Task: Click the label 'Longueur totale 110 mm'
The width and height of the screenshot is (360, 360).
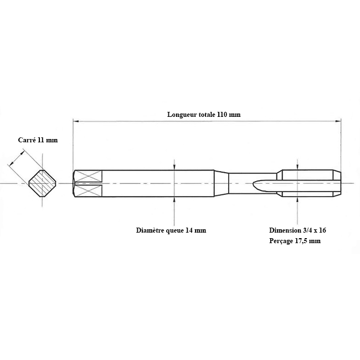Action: pyautogui.click(x=204, y=114)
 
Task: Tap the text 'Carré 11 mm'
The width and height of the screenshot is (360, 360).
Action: pyautogui.click(x=38, y=140)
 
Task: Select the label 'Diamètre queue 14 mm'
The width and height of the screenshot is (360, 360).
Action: pyautogui.click(x=171, y=230)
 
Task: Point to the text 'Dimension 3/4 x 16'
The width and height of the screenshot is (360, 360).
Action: pyautogui.click(x=297, y=230)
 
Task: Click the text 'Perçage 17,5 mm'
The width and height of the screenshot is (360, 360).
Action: pyautogui.click(x=295, y=241)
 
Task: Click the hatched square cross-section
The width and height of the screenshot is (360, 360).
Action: pyautogui.click(x=43, y=183)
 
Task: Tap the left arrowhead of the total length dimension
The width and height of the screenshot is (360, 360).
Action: pyautogui.click(x=76, y=121)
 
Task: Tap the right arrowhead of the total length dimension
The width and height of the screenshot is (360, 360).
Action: pyautogui.click(x=338, y=121)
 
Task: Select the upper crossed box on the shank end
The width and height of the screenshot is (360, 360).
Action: pyautogui.click(x=89, y=176)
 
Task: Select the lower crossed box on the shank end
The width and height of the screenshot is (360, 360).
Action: pyautogui.click(x=89, y=191)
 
